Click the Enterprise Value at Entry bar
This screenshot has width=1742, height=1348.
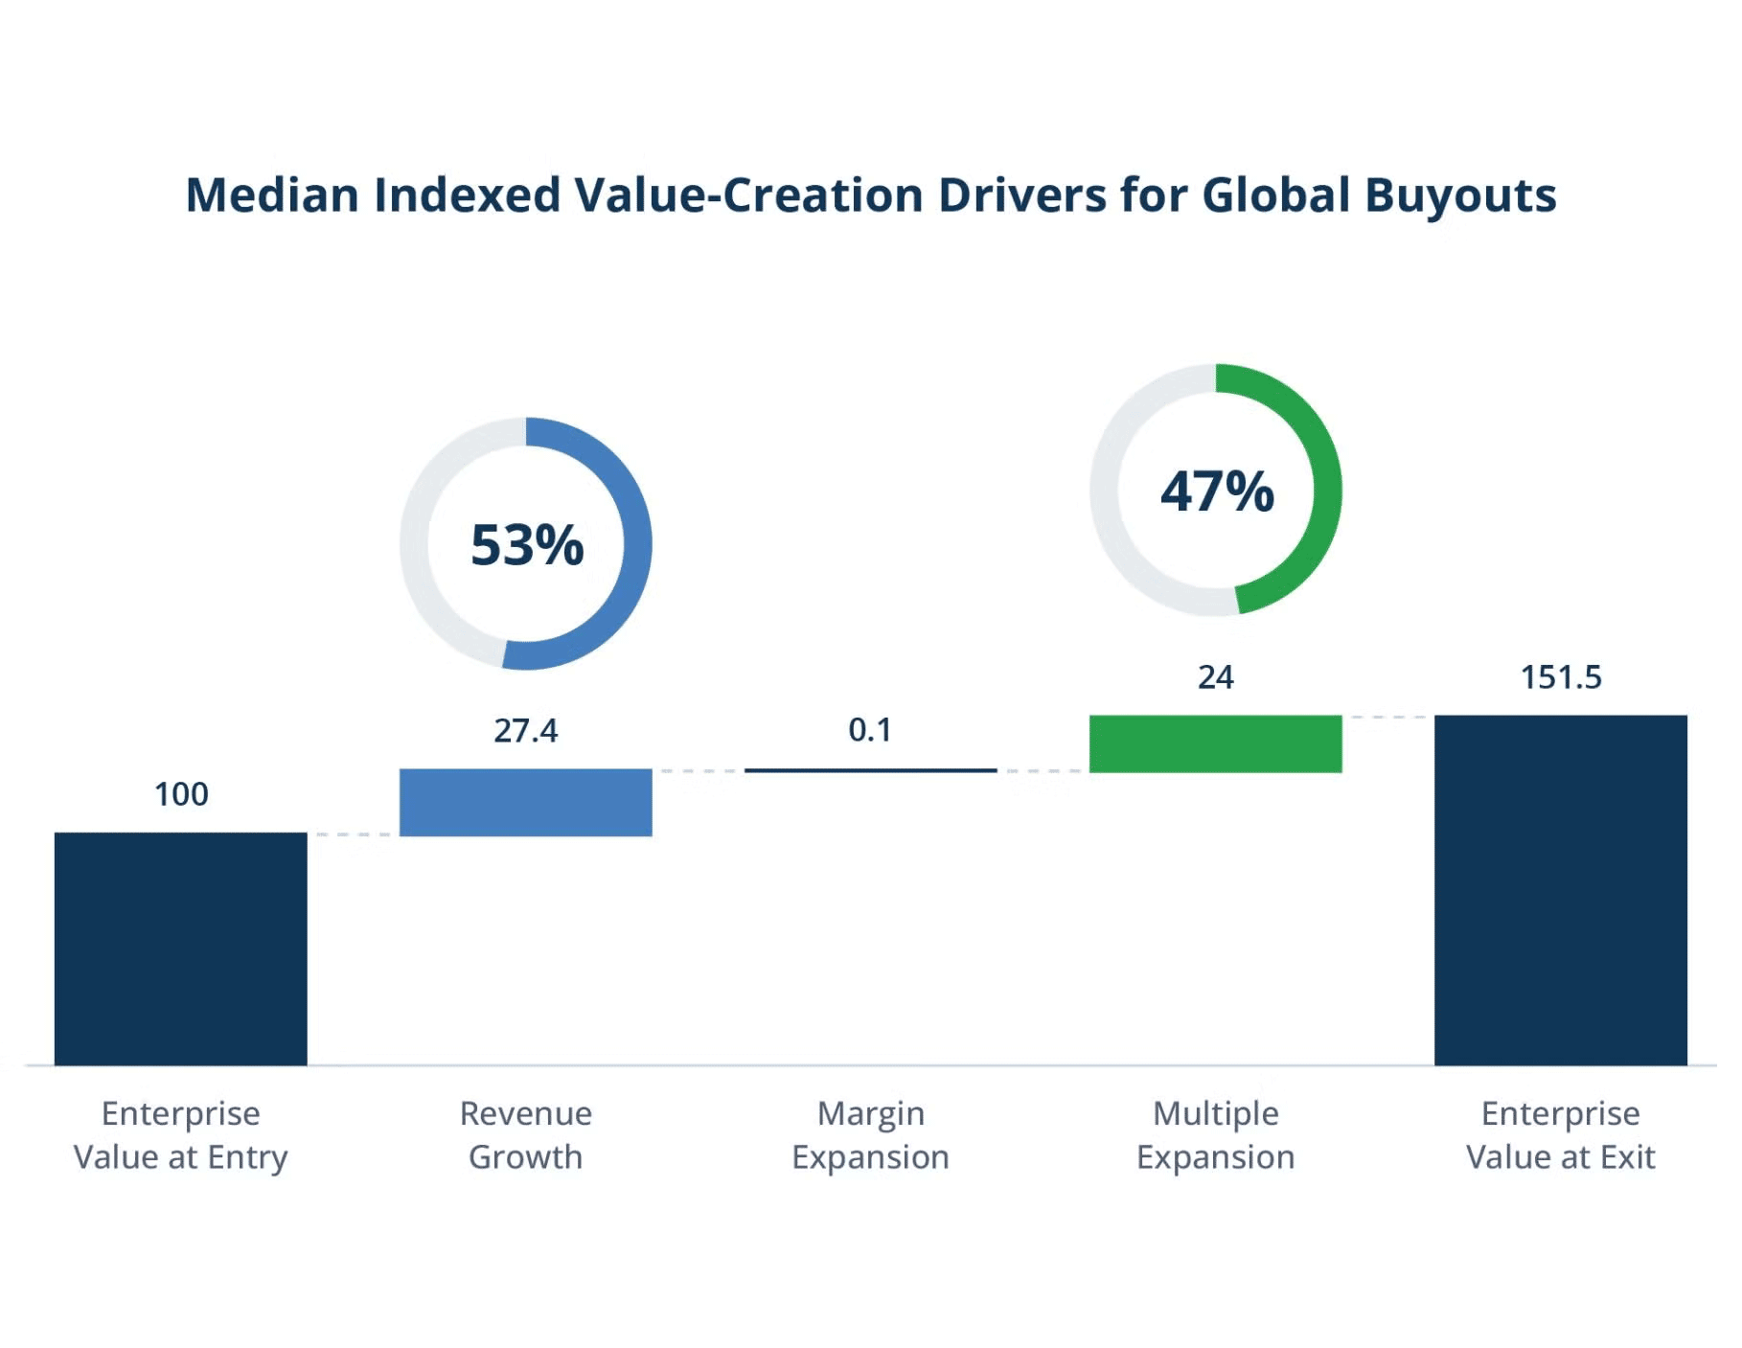(x=180, y=948)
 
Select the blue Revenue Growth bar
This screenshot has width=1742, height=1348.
(x=525, y=802)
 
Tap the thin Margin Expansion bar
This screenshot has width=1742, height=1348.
(x=870, y=770)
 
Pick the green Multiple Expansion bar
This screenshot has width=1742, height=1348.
(x=1215, y=743)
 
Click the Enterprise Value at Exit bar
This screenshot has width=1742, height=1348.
(x=1560, y=890)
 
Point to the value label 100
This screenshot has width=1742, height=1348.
(x=181, y=794)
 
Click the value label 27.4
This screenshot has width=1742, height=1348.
(x=525, y=731)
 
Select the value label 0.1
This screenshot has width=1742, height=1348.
(x=870, y=730)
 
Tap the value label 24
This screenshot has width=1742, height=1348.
(x=1215, y=677)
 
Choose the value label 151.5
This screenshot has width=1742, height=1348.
(x=1561, y=677)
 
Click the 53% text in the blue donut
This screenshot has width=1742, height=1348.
(x=527, y=545)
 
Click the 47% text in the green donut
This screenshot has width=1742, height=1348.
(x=1217, y=491)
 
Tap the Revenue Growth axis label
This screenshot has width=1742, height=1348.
(x=525, y=1135)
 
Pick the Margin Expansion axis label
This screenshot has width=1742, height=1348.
(x=870, y=1135)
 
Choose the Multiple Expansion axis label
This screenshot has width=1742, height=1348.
(x=1215, y=1135)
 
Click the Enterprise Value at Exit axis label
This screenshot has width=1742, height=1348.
(x=1560, y=1135)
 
